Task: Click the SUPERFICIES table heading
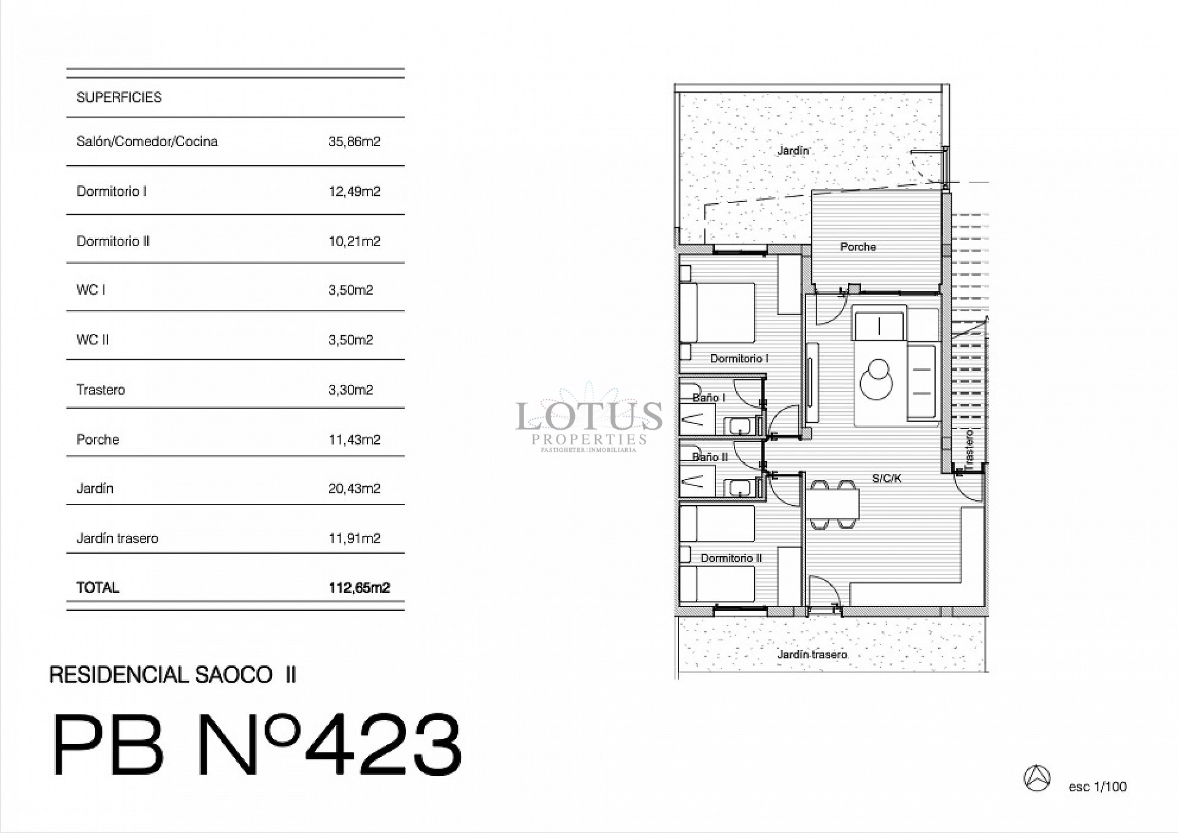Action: click(x=119, y=98)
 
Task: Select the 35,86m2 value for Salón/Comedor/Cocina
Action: click(x=354, y=142)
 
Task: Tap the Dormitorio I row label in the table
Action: click(x=112, y=192)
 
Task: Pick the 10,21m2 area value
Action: click(x=354, y=241)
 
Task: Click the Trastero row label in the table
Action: click(x=101, y=390)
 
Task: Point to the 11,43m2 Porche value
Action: click(x=354, y=440)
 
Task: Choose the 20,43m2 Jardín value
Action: click(x=354, y=489)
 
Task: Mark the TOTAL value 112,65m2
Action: click(x=359, y=587)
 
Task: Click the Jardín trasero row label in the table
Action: click(x=117, y=538)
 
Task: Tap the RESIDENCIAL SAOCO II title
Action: click(x=172, y=675)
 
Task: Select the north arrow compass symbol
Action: click(x=1037, y=778)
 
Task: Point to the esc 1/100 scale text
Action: click(x=1097, y=787)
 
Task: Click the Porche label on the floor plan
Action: click(x=858, y=247)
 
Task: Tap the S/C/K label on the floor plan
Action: click(x=887, y=478)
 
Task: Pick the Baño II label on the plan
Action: click(x=710, y=457)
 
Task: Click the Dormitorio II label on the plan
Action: click(x=731, y=558)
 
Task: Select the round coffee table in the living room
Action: click(x=876, y=381)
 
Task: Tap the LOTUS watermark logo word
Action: click(x=588, y=416)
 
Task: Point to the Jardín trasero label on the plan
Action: click(x=812, y=654)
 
